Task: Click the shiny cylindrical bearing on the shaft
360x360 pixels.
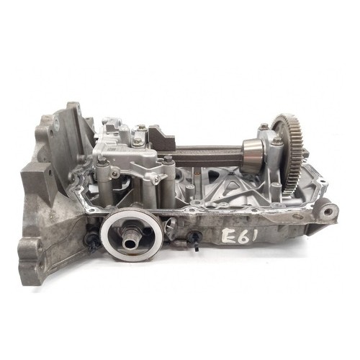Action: (x=253, y=156)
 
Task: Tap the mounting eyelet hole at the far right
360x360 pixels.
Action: (x=328, y=212)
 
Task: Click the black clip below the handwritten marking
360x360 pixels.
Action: (x=196, y=241)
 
